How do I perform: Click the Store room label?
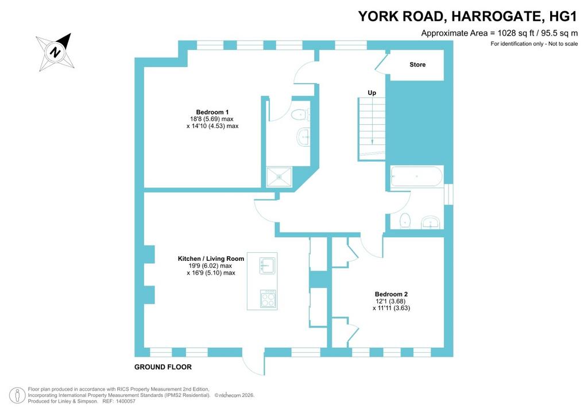[417, 64]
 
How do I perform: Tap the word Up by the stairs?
[372, 93]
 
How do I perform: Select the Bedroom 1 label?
[212, 112]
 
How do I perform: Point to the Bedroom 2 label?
[391, 294]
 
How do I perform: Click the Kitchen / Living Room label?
[211, 259]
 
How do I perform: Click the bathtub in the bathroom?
[417, 176]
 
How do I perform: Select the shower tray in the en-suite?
[278, 177]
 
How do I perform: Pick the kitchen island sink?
[267, 265]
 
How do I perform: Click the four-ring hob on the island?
[269, 299]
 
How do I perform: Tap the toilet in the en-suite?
[300, 114]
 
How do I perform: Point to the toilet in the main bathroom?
[405, 221]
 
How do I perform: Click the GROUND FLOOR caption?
[163, 367]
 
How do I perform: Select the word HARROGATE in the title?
[497, 17]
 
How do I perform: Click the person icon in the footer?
[17, 396]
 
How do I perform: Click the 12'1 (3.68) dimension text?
[390, 301]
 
